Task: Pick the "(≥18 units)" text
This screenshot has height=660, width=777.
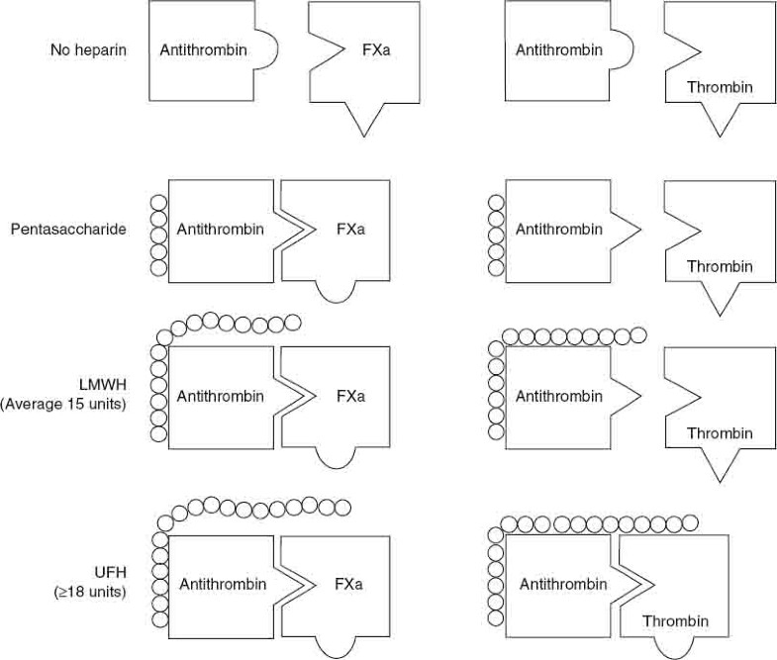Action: (x=90, y=592)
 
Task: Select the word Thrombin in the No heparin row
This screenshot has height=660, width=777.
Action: (x=720, y=87)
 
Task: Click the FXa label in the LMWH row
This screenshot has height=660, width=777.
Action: (x=350, y=397)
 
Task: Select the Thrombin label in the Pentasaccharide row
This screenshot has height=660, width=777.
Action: (x=720, y=266)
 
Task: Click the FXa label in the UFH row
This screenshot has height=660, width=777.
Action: (x=348, y=584)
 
